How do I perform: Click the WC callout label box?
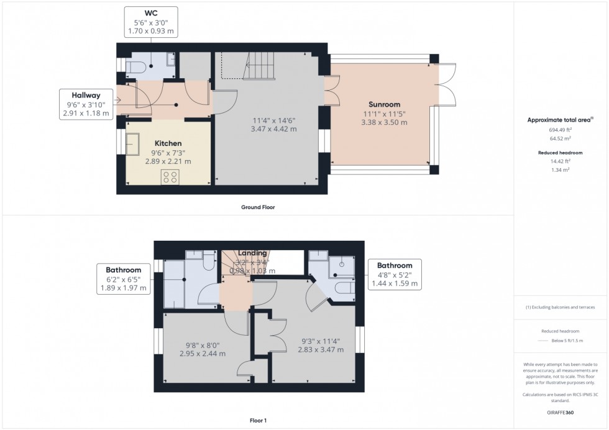point(150,23)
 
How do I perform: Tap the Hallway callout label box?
point(86,104)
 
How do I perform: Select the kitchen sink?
point(133,143)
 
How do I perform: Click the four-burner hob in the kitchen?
point(170,177)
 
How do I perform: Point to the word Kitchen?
point(167,143)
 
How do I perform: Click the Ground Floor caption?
point(258,207)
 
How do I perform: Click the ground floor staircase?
point(257,66)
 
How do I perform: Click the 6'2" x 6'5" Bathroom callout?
point(123,279)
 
